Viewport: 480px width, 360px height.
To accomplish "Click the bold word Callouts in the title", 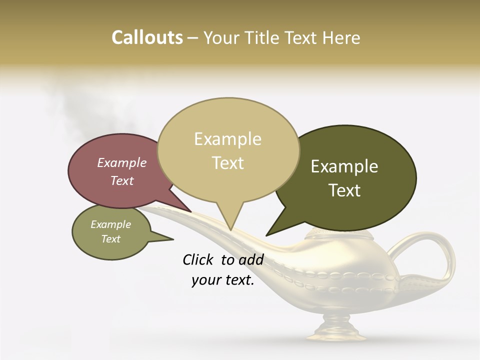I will (x=147, y=37).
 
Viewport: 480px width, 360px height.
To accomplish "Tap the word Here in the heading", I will (x=341, y=37).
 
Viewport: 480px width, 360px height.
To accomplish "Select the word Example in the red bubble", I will (x=122, y=162).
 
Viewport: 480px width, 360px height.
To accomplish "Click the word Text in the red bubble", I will (x=122, y=180).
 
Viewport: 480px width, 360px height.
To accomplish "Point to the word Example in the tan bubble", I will (x=227, y=139).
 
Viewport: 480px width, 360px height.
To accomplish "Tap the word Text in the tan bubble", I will (x=228, y=163).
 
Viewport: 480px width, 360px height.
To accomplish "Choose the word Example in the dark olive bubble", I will (x=344, y=166).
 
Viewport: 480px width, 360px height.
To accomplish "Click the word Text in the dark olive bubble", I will (x=344, y=190).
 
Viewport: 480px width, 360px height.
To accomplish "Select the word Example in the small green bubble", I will (x=111, y=224).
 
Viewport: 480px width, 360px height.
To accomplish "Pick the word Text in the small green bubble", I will (x=111, y=239).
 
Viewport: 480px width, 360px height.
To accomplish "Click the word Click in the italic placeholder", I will (x=199, y=259).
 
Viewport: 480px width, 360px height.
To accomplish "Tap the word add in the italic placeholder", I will (x=250, y=259).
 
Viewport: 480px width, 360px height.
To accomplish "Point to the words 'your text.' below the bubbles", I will (x=223, y=280).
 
